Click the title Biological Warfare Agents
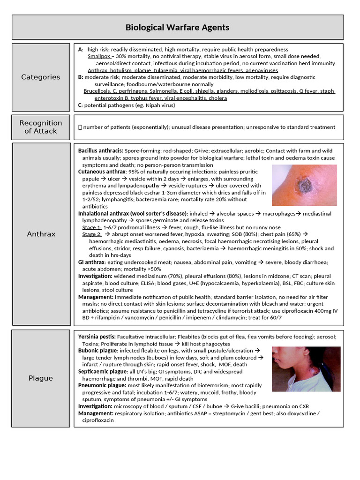point(177,27)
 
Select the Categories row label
point(41,77)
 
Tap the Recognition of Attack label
point(41,127)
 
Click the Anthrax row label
point(41,234)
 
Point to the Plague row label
point(41,378)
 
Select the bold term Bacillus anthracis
point(100,151)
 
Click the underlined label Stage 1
point(91,227)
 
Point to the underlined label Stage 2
point(91,234)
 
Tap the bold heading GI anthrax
point(92,262)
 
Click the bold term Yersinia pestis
point(97,337)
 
